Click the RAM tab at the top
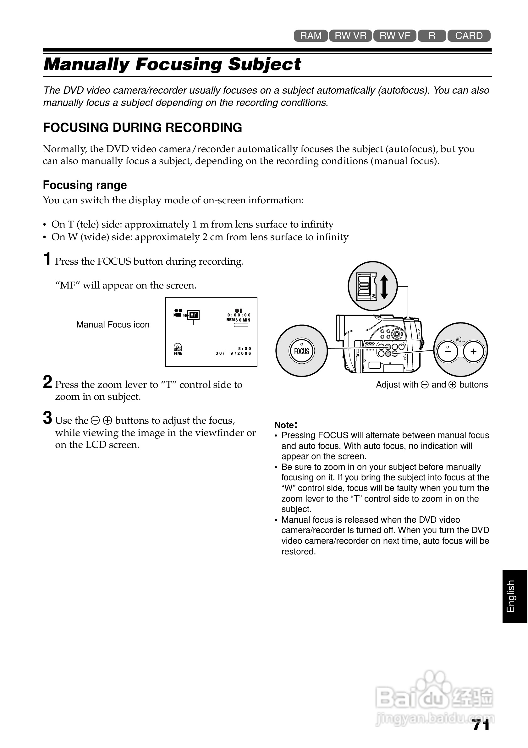click(311, 36)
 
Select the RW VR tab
click(350, 36)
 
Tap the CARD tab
click(469, 36)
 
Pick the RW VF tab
click(395, 36)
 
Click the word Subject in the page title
click(265, 64)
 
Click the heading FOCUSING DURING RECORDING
click(142, 127)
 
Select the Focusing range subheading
click(85, 185)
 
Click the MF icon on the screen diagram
click(194, 315)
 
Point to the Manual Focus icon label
click(113, 324)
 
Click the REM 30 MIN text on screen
click(238, 320)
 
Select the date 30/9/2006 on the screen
click(233, 354)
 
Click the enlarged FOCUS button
click(302, 351)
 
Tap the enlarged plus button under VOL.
click(473, 351)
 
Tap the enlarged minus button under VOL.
click(448, 351)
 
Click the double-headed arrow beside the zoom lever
click(384, 287)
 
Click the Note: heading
click(286, 425)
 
